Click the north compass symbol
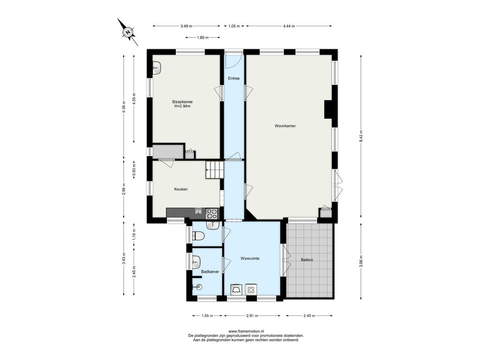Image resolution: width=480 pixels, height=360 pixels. click(128, 32)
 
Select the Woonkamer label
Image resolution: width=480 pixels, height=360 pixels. click(285, 126)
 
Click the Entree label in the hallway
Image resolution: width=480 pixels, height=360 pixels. click(233, 78)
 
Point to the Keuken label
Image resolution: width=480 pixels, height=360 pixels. click(180, 189)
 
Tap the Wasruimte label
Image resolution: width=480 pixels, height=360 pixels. click(250, 258)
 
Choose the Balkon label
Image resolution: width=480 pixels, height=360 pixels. click(307, 260)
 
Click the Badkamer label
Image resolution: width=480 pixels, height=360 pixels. click(210, 271)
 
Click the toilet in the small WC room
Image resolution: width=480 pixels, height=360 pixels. click(198, 236)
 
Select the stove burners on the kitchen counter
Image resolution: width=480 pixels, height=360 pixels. click(211, 213)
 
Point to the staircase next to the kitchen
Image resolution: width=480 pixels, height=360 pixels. click(215, 170)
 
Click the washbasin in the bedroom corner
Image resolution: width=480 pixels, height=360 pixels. click(157, 67)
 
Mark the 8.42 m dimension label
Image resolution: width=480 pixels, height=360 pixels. click(361, 136)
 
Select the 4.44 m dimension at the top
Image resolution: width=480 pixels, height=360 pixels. click(289, 26)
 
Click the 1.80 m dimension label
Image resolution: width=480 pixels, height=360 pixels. click(202, 37)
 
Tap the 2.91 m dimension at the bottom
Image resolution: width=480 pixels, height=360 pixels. click(252, 315)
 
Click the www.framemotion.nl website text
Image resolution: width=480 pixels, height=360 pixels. click(246, 331)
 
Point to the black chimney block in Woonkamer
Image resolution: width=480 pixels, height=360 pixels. click(329, 109)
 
